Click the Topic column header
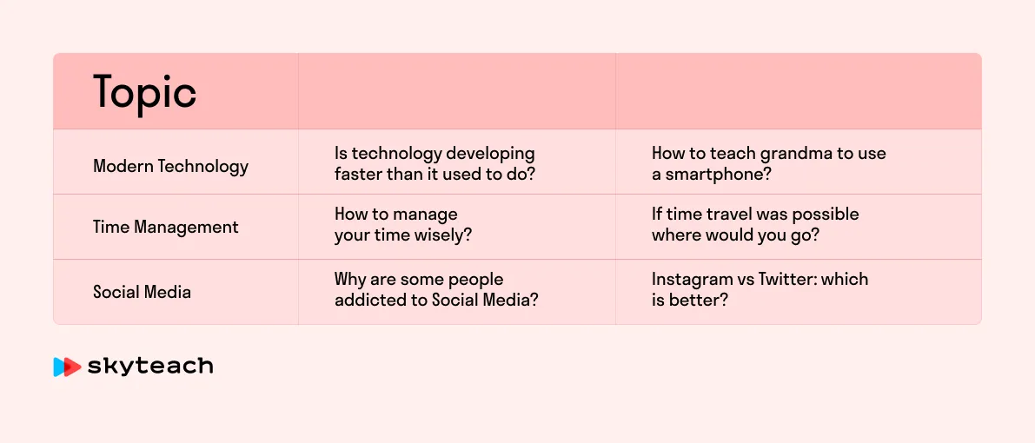[x=144, y=92]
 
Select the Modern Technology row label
[x=171, y=166]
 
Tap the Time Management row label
[x=166, y=227]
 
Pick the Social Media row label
[x=142, y=292]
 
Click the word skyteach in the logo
[x=149, y=367]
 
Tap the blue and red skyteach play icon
[x=67, y=367]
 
